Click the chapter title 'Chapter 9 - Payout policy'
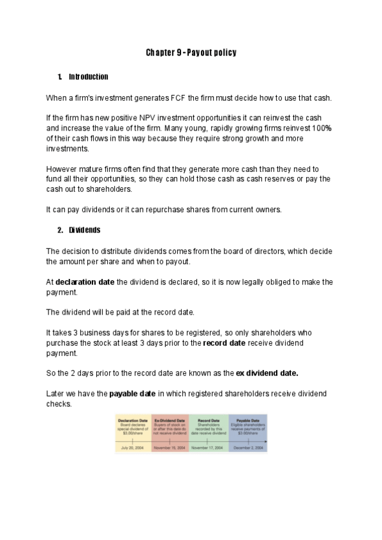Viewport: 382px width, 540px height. (191, 52)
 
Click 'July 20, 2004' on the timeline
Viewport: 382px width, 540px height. (133, 448)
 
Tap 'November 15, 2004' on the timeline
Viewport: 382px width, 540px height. (170, 448)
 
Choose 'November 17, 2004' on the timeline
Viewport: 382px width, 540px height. (209, 448)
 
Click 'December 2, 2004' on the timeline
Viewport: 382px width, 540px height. (247, 448)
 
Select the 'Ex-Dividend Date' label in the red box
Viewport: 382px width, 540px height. (170, 420)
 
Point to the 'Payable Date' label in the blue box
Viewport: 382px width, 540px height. (247, 420)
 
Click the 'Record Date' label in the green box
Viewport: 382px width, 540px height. (209, 420)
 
